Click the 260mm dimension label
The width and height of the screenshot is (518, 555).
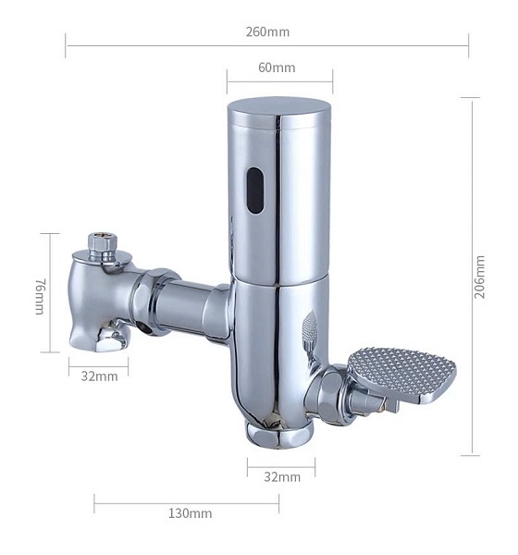coord(267,31)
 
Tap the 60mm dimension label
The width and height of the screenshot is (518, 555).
coord(277,68)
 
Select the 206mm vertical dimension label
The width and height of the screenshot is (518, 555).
coord(479,277)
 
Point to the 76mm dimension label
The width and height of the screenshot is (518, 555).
coord(40,296)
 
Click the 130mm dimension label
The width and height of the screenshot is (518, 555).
coord(191,513)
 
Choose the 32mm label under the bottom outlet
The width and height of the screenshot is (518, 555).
coord(282,476)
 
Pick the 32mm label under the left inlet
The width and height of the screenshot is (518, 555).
coord(100,376)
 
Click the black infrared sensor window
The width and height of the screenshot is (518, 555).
coord(255,190)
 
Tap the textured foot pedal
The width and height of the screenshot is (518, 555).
coord(401,374)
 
